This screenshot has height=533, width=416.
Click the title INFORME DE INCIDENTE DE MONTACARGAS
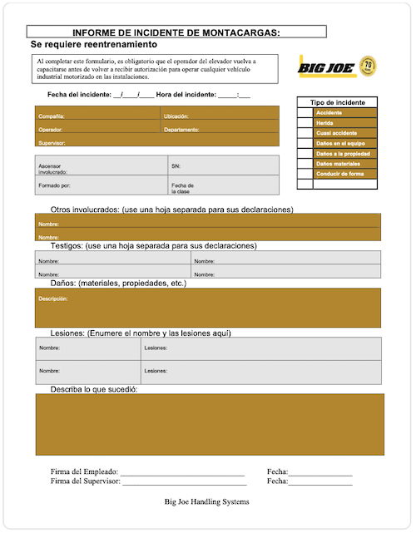click(176, 32)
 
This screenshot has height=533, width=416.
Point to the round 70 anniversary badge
click(369, 64)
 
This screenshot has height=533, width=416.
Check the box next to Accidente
click(305, 112)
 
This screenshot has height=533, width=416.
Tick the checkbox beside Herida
click(305, 123)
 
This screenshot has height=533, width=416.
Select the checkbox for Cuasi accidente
click(305, 133)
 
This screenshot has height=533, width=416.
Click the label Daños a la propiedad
click(343, 154)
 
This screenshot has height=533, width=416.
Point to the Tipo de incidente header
click(338, 101)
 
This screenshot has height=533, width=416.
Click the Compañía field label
click(52, 116)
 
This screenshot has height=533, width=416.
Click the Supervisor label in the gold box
click(52, 143)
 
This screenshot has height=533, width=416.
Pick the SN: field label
click(176, 166)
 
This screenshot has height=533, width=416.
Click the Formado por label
click(55, 185)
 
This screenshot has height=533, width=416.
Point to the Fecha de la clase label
click(182, 188)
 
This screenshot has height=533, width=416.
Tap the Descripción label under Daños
click(52, 298)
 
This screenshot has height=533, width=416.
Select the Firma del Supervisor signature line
click(184, 482)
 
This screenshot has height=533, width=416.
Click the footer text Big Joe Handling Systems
click(207, 501)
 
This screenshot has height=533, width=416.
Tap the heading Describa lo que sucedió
click(93, 389)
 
